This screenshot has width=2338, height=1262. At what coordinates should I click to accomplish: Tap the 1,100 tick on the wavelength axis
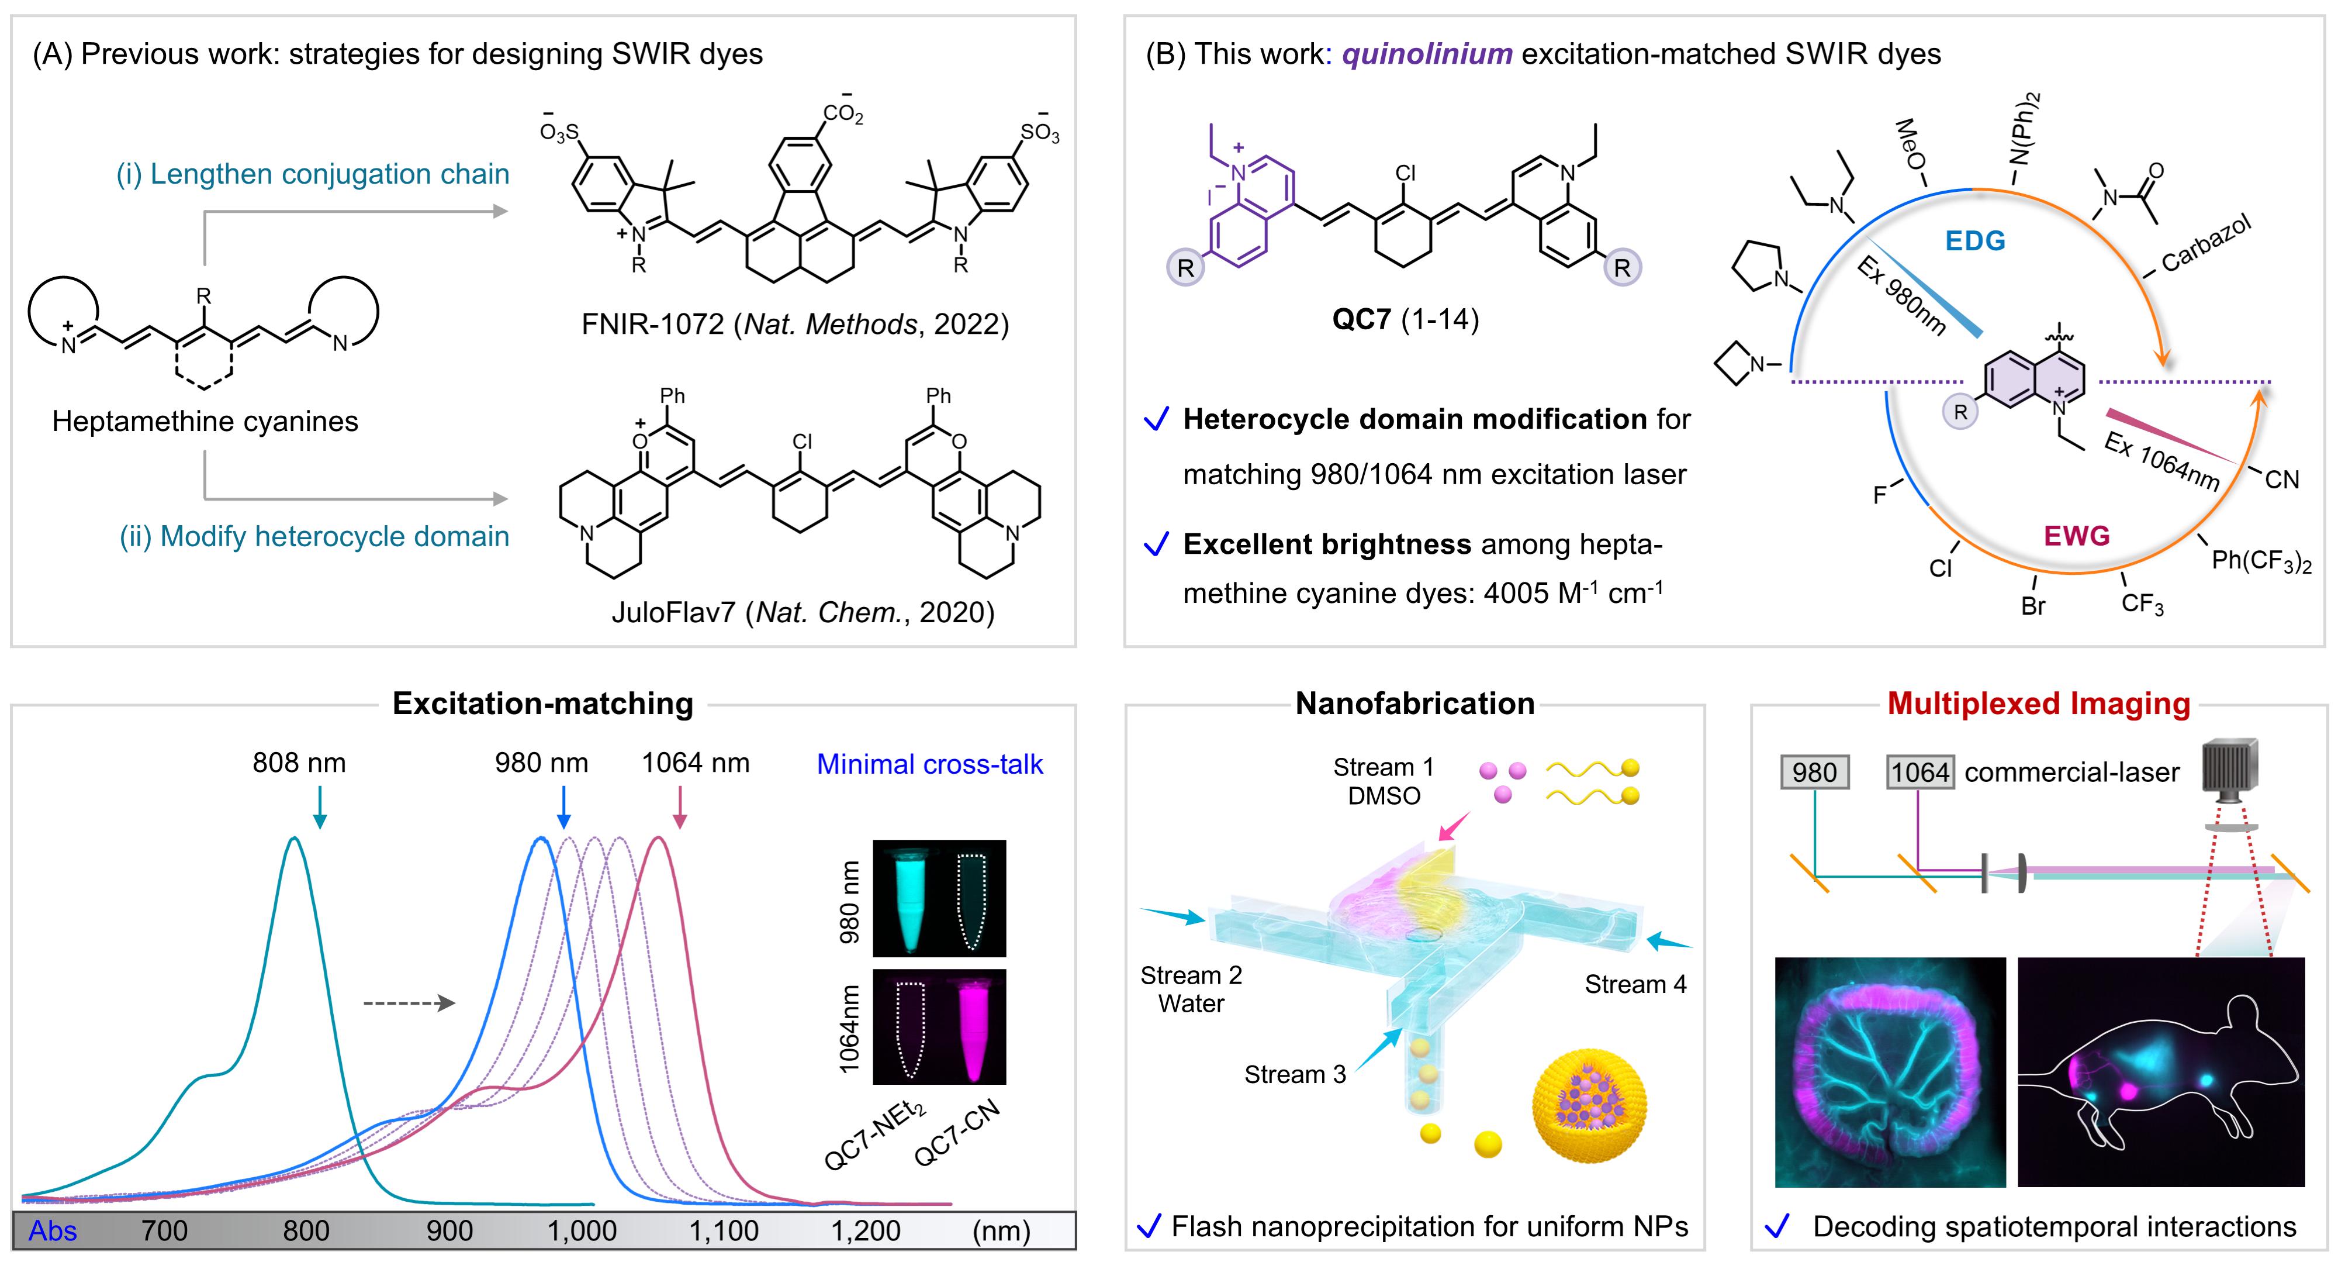tap(724, 1231)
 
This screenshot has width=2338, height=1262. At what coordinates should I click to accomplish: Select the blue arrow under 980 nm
tap(563, 806)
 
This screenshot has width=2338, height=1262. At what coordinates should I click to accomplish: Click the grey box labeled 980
tap(1814, 773)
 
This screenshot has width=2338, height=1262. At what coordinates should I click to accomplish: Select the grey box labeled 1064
tap(1919, 773)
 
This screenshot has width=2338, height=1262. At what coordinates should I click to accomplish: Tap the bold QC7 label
tap(1361, 319)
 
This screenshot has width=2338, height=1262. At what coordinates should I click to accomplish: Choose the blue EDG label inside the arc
tap(1975, 240)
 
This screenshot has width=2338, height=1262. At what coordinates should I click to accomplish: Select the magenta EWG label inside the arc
tap(2077, 536)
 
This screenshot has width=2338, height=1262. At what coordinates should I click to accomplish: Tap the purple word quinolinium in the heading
tap(1427, 54)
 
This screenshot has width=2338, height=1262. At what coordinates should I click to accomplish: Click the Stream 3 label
tap(1294, 1075)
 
